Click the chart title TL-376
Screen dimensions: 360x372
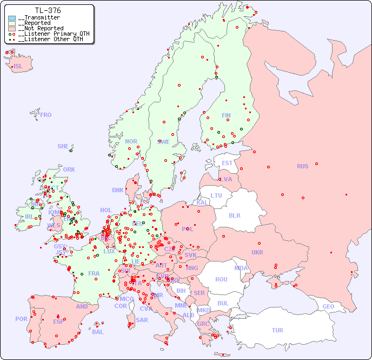[48, 10]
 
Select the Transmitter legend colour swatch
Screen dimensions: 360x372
[12, 18]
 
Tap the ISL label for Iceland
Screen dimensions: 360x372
[18, 67]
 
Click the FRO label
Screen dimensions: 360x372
[46, 115]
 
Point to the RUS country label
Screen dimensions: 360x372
[302, 166]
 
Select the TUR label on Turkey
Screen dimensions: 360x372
[277, 330]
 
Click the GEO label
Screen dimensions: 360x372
[328, 306]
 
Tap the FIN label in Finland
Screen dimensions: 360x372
[226, 115]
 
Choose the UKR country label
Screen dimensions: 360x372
[257, 252]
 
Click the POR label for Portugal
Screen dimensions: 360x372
[21, 319]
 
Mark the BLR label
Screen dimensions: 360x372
[234, 215]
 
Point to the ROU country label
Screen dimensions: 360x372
[221, 279]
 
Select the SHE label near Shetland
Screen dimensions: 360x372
[63, 146]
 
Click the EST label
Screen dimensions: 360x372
[227, 163]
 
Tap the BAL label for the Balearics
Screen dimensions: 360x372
[97, 332]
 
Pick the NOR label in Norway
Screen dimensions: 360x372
[131, 141]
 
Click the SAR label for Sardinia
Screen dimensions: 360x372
[142, 320]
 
